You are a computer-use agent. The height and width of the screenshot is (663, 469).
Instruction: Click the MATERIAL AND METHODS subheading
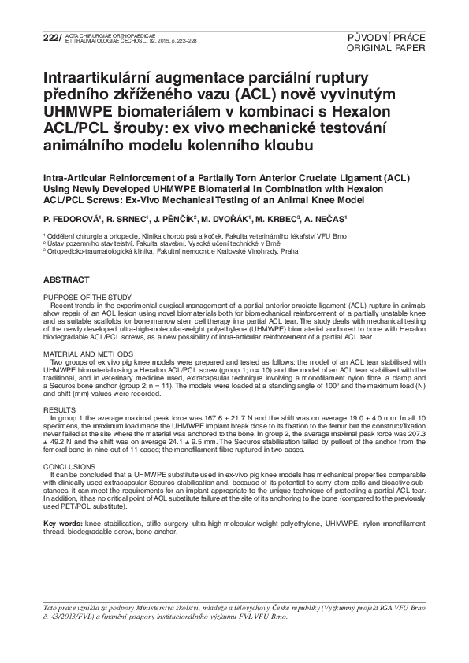(85, 354)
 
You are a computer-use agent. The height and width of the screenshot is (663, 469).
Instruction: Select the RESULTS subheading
(59, 411)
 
